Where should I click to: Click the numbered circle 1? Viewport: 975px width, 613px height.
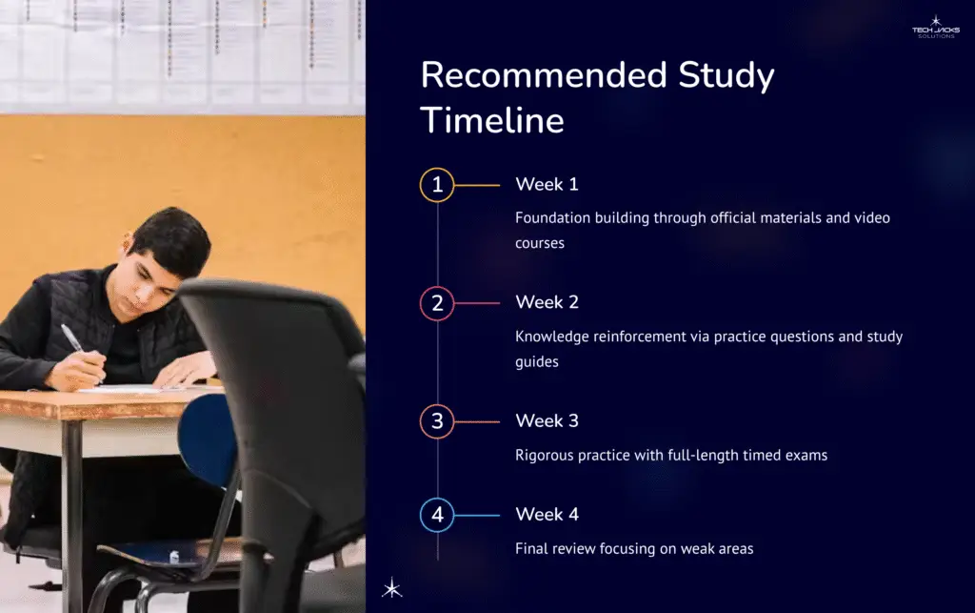pos(437,185)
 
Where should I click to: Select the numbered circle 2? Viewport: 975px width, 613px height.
pos(437,303)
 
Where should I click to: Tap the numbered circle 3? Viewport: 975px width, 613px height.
pos(437,421)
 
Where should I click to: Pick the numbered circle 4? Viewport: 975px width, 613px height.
pos(437,516)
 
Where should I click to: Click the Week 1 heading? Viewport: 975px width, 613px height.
pos(547,184)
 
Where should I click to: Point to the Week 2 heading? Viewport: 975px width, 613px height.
pos(547,302)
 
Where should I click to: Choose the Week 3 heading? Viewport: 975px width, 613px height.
pos(547,420)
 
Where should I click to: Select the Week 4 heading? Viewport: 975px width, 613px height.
pos(547,515)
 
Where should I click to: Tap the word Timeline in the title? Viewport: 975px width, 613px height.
pos(492,121)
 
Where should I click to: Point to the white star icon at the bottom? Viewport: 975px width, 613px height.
pos(391,588)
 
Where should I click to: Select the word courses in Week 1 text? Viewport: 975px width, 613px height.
pos(540,243)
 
